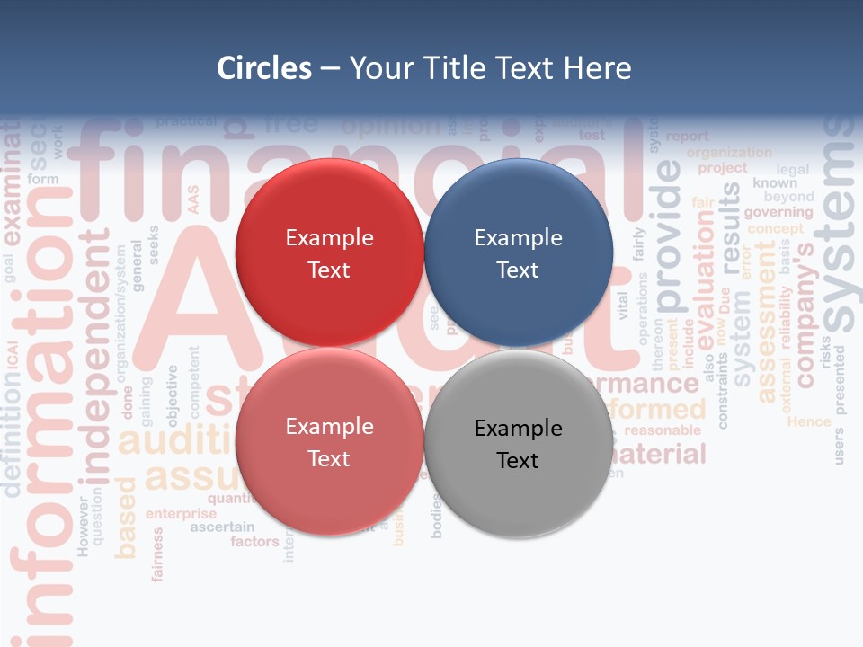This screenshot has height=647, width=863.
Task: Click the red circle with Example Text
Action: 329,253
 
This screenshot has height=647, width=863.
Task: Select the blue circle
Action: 518,253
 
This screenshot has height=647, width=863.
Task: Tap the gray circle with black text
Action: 518,443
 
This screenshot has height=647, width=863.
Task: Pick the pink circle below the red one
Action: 329,441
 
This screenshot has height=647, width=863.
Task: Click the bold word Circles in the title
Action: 263,68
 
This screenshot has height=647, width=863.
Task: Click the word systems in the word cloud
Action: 840,225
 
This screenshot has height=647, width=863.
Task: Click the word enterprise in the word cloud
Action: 182,514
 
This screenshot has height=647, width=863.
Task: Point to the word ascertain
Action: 222,527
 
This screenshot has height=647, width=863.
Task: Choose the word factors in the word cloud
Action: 254,542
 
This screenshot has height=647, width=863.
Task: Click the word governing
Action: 778,212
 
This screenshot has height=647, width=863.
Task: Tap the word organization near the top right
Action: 729,153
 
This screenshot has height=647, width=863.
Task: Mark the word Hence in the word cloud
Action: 809,421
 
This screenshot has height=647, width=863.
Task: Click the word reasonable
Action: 663,430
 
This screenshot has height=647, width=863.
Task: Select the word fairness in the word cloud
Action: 158,554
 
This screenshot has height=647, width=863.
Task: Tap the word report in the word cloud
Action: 688,137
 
